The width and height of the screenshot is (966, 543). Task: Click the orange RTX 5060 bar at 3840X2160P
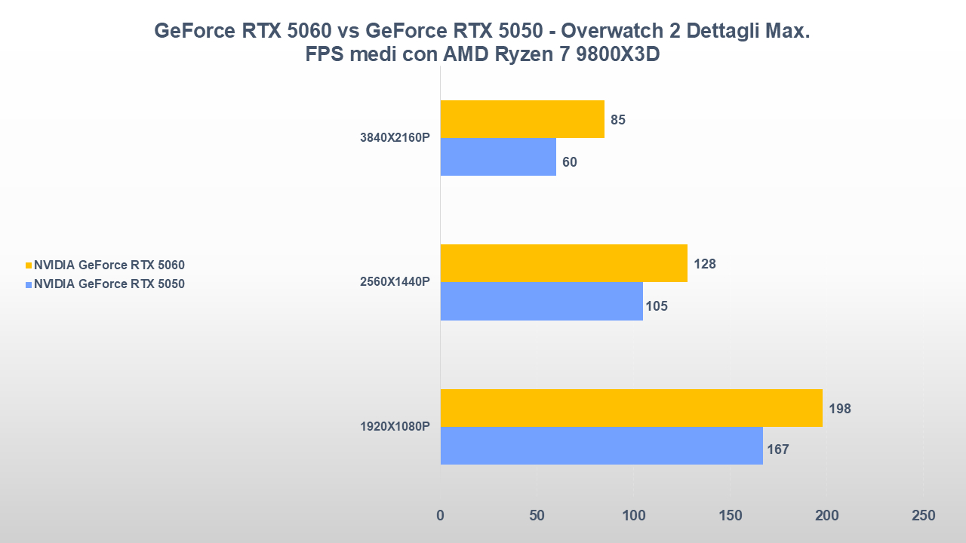522,119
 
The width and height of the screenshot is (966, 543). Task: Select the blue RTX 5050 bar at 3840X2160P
498,157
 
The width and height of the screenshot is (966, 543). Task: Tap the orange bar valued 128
564,263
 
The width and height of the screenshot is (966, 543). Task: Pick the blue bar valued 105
541,301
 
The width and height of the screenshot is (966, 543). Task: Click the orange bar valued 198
631,408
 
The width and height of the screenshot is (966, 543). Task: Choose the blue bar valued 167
601,446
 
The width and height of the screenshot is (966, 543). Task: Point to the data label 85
618,120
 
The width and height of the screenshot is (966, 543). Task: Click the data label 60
570,162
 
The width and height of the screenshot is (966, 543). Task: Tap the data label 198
840,409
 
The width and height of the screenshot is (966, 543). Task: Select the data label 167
777,450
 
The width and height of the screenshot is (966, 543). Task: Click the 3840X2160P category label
395,138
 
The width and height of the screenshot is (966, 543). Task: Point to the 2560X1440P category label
395,282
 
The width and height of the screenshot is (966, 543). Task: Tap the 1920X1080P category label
395,427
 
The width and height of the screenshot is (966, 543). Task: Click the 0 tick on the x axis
441,516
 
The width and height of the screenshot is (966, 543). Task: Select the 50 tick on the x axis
537,516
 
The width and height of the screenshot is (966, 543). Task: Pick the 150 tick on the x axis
730,516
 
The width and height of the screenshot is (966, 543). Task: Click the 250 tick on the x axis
923,516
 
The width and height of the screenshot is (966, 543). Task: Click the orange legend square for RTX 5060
29,265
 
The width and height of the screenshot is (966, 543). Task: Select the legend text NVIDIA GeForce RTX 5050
109,284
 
